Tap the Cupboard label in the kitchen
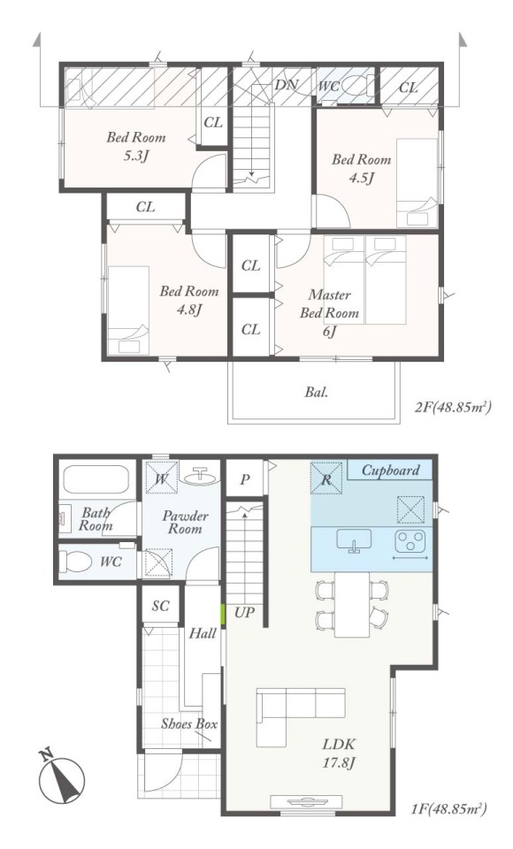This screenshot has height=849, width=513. [x=390, y=470]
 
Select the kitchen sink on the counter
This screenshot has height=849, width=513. [x=355, y=541]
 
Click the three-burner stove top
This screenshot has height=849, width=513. [x=411, y=539]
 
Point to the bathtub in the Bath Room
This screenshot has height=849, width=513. [x=96, y=479]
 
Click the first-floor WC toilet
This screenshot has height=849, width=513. [x=75, y=562]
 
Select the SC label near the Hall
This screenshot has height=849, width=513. [x=160, y=606]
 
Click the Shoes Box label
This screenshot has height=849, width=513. [x=189, y=724]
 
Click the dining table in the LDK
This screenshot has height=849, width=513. [x=351, y=604]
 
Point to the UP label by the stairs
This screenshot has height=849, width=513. [x=244, y=613]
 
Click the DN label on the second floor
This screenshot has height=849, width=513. [x=286, y=85]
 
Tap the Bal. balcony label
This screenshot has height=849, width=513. [x=317, y=392]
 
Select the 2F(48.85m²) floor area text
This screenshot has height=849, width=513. [x=453, y=407]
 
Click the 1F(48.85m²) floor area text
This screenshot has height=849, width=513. [x=448, y=809]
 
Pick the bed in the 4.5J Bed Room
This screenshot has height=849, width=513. [x=417, y=183]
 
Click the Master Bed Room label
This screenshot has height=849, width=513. [x=329, y=303]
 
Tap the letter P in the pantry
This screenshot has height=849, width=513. [x=245, y=479]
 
